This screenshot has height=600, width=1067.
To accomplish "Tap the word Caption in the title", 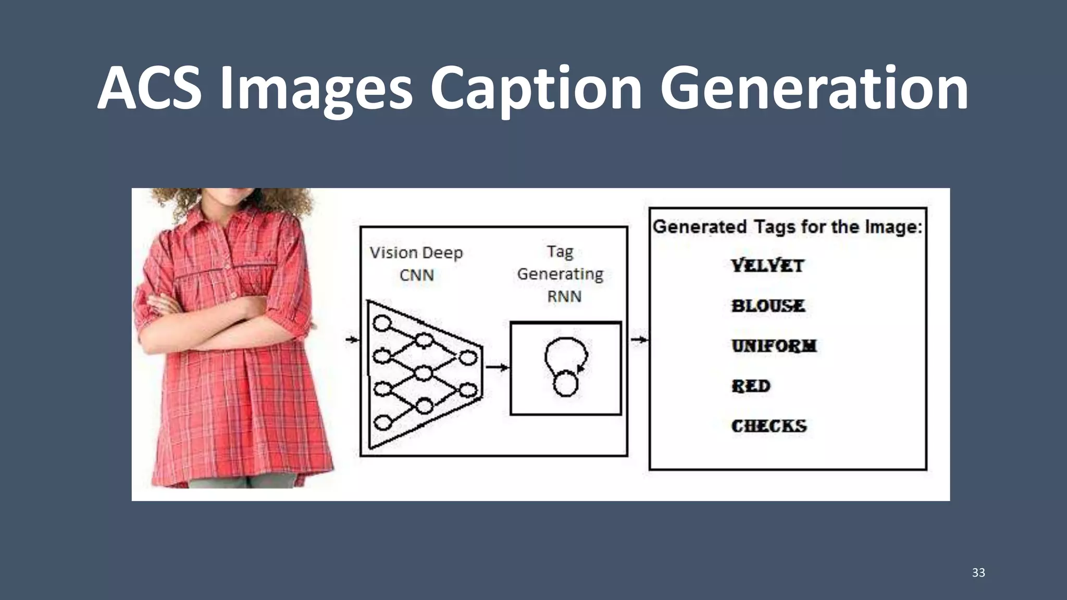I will click(x=536, y=89).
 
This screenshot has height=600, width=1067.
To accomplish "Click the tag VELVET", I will click(x=767, y=266).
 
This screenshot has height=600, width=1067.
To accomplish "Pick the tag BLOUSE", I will click(x=768, y=306).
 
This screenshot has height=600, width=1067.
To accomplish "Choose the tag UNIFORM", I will click(x=774, y=346).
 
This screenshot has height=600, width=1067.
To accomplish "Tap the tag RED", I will click(x=751, y=386).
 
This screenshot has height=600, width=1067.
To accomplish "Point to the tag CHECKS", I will click(x=769, y=426).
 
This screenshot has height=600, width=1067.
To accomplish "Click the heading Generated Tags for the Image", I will click(x=787, y=227).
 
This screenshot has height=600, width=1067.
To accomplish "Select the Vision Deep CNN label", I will click(x=416, y=264).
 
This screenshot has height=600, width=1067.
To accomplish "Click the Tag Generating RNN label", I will click(x=561, y=274).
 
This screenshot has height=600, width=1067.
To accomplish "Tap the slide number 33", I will click(x=978, y=572).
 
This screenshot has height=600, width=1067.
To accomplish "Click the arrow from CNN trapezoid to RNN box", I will click(x=497, y=368).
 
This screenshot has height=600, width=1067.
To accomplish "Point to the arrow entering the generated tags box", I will click(x=639, y=340).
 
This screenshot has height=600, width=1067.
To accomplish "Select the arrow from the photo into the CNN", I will click(x=353, y=340).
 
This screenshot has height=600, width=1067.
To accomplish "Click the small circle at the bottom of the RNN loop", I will click(x=565, y=385).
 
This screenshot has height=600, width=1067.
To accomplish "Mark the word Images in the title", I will click(x=316, y=89).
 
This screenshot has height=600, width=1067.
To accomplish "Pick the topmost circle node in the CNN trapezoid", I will click(x=383, y=323).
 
